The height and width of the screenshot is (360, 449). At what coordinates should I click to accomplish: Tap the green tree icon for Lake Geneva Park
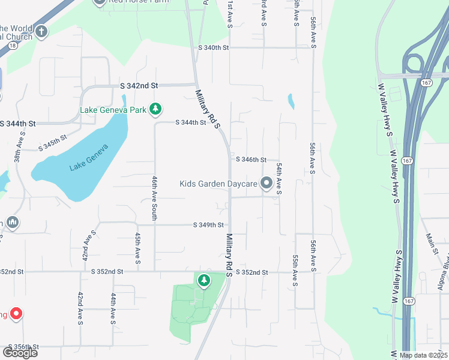(156, 109)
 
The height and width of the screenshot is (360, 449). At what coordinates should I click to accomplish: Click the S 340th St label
(214, 47)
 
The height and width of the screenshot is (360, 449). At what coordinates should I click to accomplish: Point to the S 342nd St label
(139, 86)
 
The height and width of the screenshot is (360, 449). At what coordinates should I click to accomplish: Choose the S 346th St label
(251, 160)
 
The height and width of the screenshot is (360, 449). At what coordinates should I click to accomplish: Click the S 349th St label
(208, 225)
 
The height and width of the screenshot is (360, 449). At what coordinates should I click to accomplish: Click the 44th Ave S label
(113, 308)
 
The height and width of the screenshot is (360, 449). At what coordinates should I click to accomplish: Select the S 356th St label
(23, 347)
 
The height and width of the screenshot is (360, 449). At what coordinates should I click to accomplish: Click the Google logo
(19, 353)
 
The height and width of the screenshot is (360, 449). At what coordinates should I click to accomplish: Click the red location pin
(16, 313)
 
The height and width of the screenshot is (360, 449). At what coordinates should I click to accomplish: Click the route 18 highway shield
(13, 44)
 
